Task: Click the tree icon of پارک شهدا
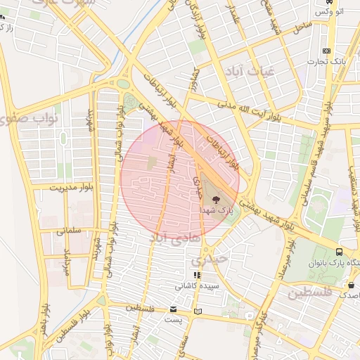click(214, 200)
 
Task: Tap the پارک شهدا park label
click(216, 211)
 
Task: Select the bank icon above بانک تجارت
click(326, 51)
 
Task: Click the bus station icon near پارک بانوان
click(340, 252)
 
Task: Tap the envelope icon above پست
click(174, 309)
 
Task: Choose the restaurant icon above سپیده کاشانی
click(197, 275)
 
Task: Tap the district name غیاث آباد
click(244, 72)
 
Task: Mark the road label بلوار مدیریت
click(72, 187)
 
